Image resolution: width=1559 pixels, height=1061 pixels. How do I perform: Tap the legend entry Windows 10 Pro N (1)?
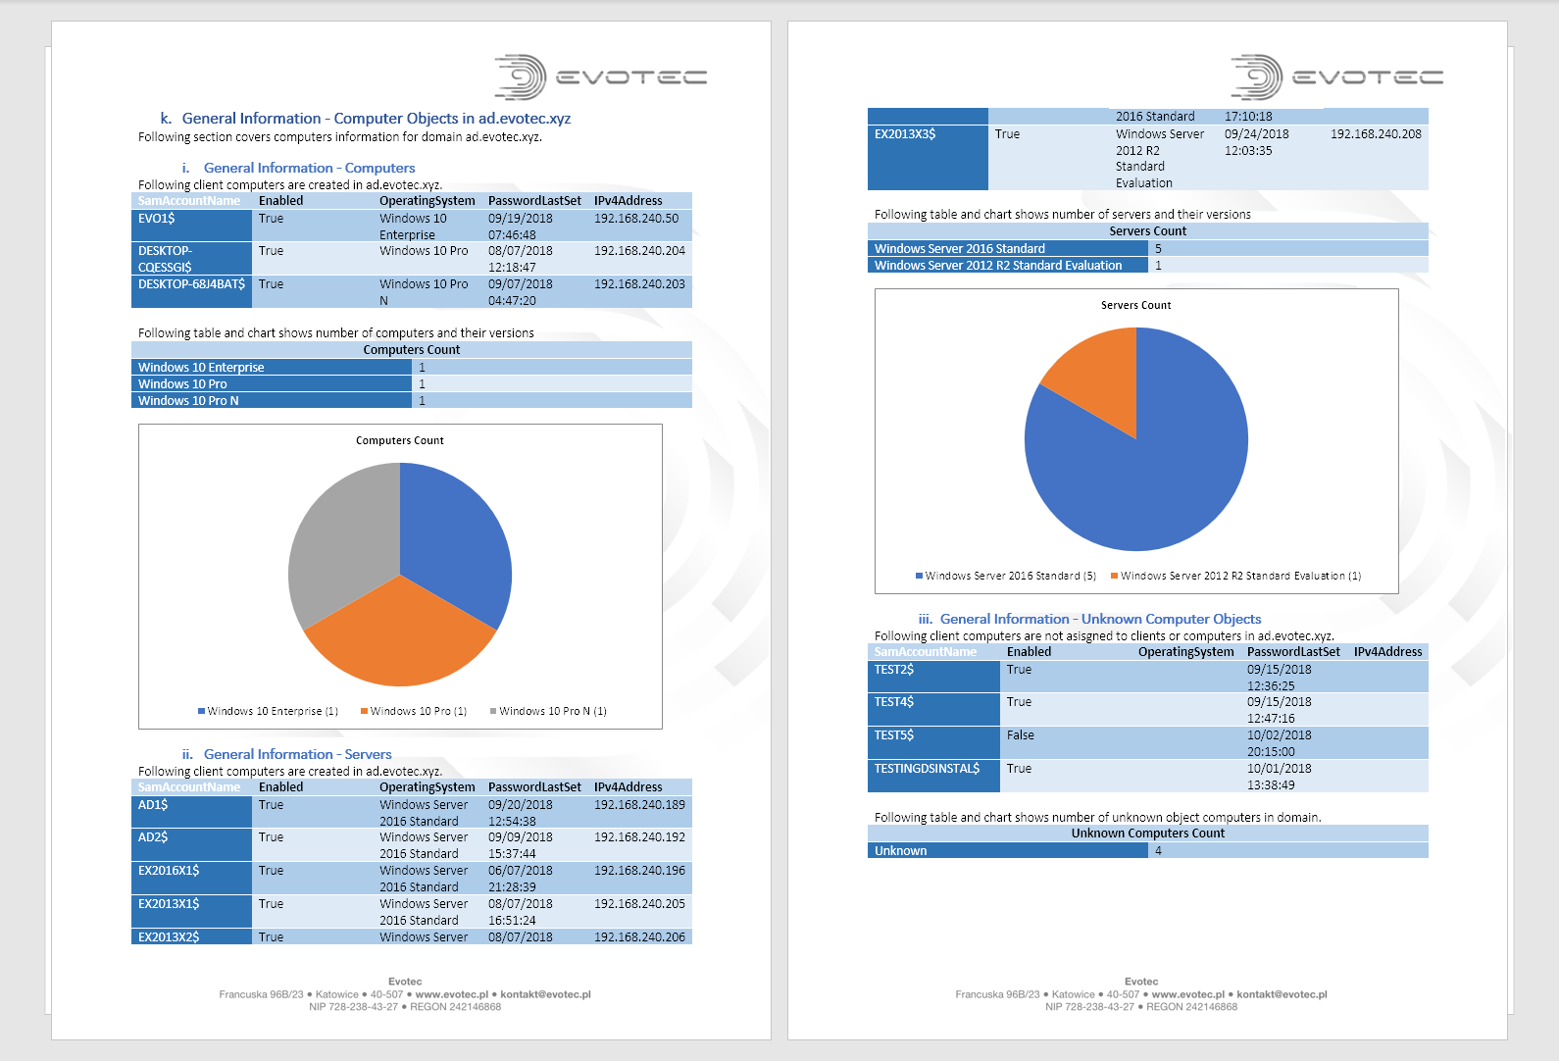pyautogui.click(x=552, y=711)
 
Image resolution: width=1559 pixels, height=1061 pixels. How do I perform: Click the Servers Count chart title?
pyautogui.click(x=1135, y=305)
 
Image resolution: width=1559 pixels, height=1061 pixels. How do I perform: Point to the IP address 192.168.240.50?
pyautogui.click(x=635, y=219)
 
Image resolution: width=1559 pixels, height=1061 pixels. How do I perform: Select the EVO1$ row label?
pyautogui.click(x=157, y=219)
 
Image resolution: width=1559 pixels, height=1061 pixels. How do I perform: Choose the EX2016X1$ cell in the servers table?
pyautogui.click(x=169, y=871)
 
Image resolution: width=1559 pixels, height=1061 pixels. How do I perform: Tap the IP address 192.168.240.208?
pyautogui.click(x=1375, y=134)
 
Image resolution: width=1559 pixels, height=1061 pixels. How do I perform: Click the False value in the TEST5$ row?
pyautogui.click(x=1020, y=735)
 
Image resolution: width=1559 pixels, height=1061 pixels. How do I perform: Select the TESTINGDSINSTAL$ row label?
pyautogui.click(x=927, y=769)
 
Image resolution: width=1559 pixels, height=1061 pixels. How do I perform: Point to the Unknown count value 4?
pyautogui.click(x=1158, y=850)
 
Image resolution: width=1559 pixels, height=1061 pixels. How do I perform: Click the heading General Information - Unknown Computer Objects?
pyautogui.click(x=1100, y=619)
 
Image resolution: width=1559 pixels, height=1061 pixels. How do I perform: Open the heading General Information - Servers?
pyautogui.click(x=297, y=754)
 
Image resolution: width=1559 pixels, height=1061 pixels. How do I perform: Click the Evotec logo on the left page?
pyautogui.click(x=600, y=76)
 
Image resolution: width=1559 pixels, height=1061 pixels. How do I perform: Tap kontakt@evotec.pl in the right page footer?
pyautogui.click(x=1282, y=994)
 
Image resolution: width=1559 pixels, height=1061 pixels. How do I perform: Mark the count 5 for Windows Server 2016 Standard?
pyautogui.click(x=1158, y=249)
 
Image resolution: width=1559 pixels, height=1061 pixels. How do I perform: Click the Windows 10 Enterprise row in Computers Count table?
pyautogui.click(x=201, y=368)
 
